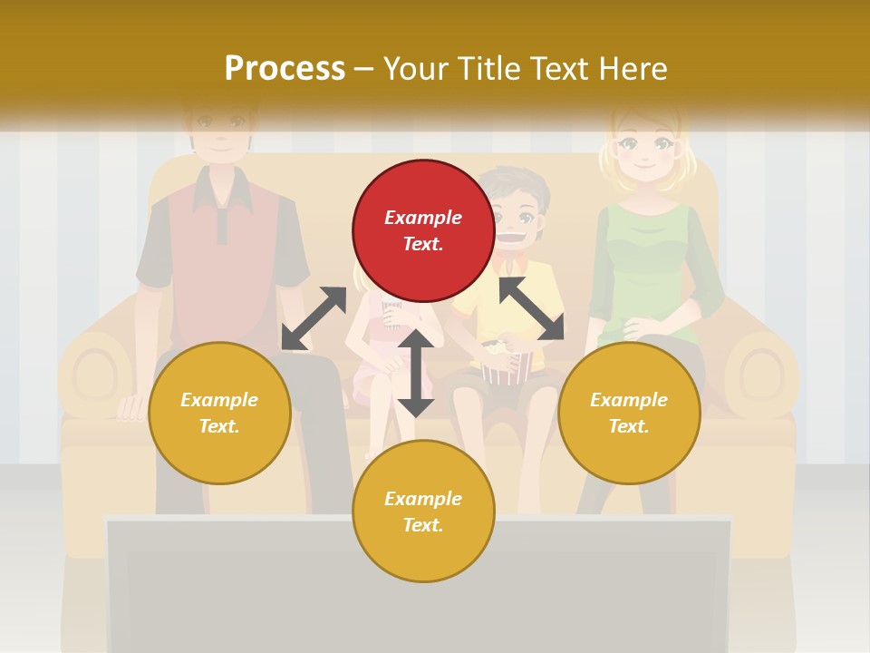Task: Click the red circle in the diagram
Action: click(423, 231)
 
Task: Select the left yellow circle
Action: click(219, 413)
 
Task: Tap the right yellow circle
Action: click(629, 413)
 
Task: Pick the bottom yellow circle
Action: click(423, 512)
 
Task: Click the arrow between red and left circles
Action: click(314, 318)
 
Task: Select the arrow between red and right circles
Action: click(531, 308)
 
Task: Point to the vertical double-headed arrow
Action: click(416, 373)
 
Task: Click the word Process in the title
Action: click(285, 68)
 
